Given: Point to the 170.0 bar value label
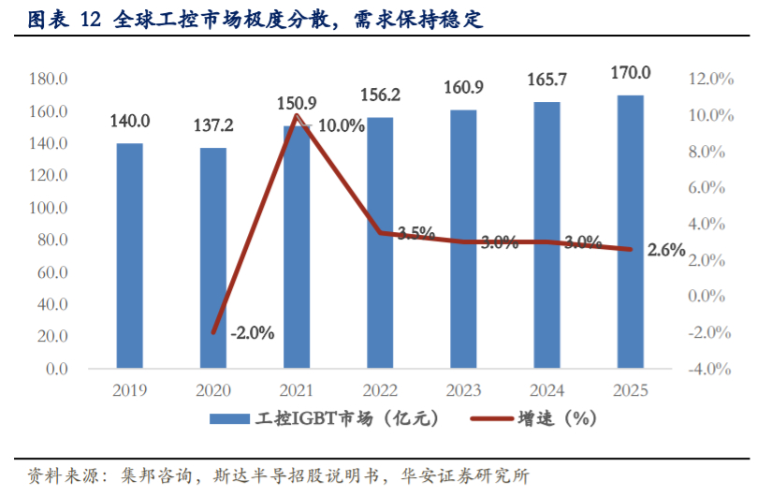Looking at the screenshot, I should tap(631, 72).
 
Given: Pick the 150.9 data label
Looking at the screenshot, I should tap(297, 102).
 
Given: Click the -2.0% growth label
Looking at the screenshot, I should tap(251, 332).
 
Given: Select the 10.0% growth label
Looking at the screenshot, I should tap(341, 125).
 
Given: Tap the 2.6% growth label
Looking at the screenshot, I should tap(665, 250).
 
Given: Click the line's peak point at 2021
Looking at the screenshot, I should tap(297, 115).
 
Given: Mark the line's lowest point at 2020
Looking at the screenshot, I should tap(213, 332).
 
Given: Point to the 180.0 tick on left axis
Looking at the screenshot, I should tap(48, 80).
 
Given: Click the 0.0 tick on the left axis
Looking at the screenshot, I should tap(57, 369).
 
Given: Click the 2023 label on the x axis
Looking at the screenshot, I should tap(463, 390).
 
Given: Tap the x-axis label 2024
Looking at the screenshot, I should tap(546, 390).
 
